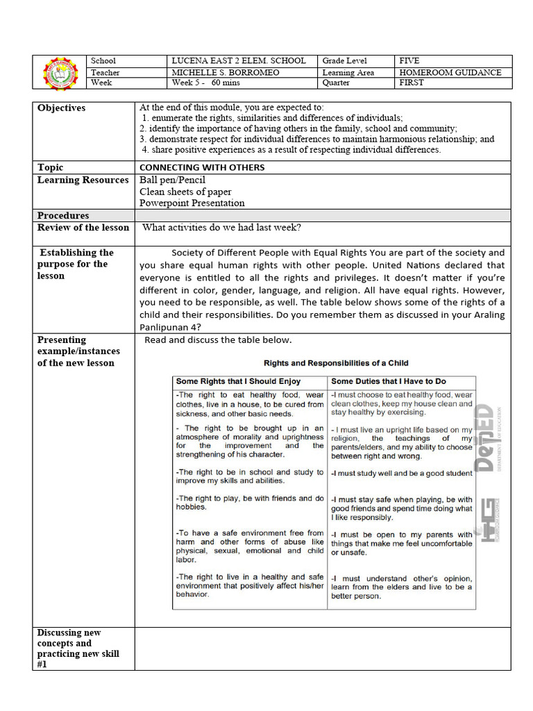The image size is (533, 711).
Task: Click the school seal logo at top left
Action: point(62,73)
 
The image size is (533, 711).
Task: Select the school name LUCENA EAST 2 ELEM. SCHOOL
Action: point(238,61)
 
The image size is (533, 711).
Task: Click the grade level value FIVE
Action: point(409,61)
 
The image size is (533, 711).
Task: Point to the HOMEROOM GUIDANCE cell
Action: point(450,72)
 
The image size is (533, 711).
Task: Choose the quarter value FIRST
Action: point(411,83)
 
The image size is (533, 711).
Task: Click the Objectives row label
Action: point(62,108)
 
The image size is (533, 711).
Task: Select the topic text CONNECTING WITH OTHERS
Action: point(201,167)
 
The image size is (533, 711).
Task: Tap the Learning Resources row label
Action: point(83,181)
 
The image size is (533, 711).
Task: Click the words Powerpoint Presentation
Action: point(192,203)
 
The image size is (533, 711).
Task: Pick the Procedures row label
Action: point(63,216)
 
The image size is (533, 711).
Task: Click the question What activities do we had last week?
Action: point(221,228)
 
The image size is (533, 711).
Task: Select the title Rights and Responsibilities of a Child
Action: point(336,363)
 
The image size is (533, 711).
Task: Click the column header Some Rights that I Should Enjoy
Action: point(238,381)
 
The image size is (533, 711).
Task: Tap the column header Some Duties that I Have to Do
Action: point(389,381)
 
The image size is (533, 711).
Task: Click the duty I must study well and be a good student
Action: point(402,474)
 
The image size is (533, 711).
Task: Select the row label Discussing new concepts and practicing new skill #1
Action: point(78,649)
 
